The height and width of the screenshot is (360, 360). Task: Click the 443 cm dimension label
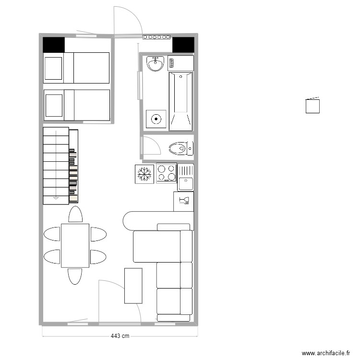120,336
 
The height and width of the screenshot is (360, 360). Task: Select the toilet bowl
178,148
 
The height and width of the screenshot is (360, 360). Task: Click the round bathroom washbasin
156,63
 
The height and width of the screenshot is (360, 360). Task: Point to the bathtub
181,100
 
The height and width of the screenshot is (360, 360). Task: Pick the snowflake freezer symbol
144,174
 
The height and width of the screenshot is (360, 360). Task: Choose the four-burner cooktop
166,173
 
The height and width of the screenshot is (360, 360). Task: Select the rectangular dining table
75,245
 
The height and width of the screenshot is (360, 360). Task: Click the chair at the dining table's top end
75,215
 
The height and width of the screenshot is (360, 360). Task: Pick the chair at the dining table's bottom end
75,276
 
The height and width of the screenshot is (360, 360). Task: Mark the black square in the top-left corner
54,45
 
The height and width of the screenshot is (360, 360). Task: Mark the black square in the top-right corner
183,45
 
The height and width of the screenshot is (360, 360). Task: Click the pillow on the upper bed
53,68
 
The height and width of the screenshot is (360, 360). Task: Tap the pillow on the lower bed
53,105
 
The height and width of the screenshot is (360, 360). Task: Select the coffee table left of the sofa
133,286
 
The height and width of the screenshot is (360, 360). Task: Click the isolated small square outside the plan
312,106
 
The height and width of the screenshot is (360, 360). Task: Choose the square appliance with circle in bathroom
156,119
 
